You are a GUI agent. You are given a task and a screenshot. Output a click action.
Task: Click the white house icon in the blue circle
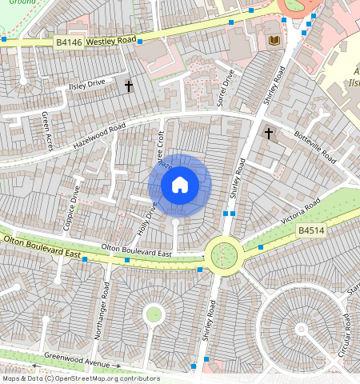(x=180, y=186)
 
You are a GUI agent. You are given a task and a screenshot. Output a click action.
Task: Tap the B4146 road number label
(x=69, y=41)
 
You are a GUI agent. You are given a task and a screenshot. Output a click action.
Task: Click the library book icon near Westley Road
(x=274, y=40)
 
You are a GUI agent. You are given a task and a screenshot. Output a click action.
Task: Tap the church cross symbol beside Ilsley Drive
(x=128, y=86)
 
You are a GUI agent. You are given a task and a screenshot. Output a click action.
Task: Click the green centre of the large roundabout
(x=224, y=254)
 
